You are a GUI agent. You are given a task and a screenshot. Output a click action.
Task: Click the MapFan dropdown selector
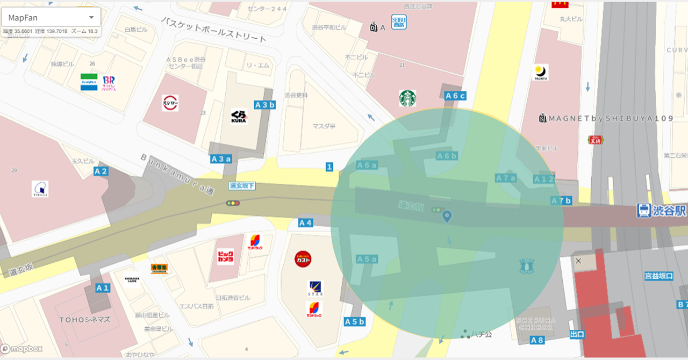coord(51,18)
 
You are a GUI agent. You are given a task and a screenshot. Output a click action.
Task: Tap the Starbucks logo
coord(407,98)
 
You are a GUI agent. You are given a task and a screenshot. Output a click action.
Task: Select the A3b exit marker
coord(265,105)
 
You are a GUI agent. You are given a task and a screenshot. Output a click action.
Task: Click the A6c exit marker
coord(455,96)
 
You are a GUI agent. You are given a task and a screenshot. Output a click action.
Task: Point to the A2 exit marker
coord(101,171)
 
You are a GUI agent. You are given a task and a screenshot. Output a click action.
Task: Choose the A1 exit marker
coord(103,288)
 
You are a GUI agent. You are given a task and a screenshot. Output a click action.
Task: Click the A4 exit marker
coord(305,222)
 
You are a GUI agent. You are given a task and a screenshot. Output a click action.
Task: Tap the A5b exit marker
coord(354,322)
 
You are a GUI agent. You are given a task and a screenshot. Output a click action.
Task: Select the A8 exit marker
coord(537,340)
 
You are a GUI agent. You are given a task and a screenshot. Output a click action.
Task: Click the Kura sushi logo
coord(239,117)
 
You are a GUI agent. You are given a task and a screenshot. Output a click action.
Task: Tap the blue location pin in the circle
coord(447,217)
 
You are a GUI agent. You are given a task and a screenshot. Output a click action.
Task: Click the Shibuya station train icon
coord(643,210)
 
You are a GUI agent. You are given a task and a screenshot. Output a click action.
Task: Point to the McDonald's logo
coord(560,4)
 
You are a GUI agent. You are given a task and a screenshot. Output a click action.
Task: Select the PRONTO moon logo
coord(541,72)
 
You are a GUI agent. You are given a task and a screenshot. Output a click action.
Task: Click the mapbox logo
coord(21,349)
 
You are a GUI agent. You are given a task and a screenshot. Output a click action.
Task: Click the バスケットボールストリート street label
coord(214,30)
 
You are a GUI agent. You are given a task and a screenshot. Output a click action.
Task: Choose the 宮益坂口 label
coord(659,276)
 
